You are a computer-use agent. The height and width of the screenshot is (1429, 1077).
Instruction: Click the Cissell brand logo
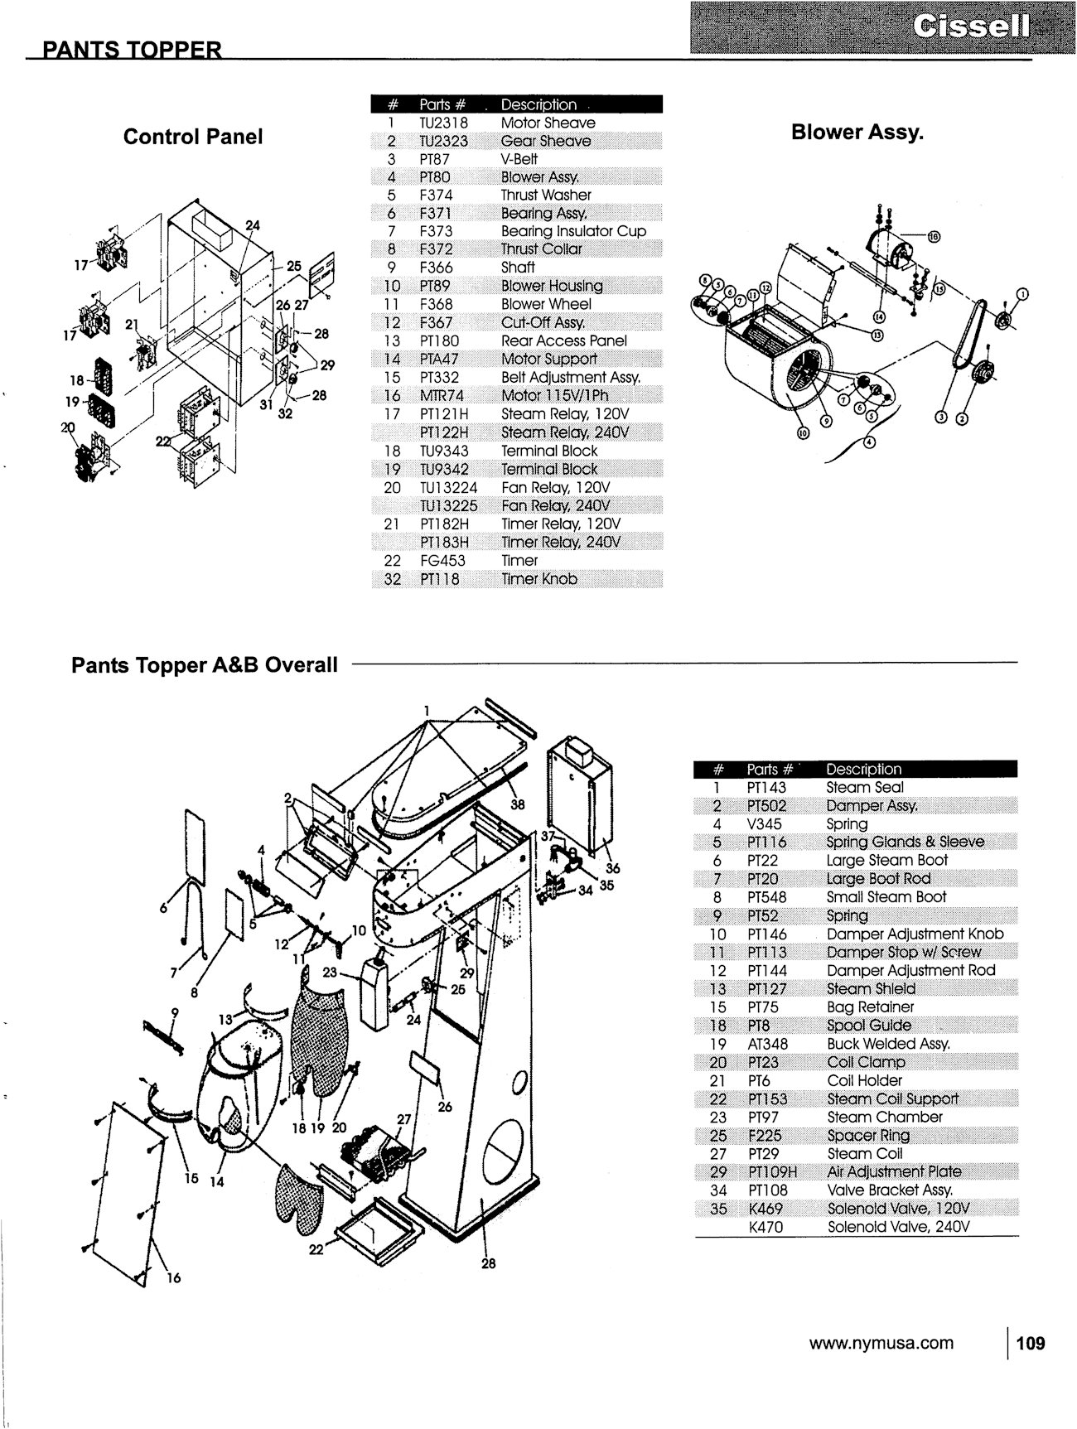coord(971,27)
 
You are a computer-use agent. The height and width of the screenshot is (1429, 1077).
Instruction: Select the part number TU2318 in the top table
coord(444,123)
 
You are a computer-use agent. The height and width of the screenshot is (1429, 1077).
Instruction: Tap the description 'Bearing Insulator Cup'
coord(573,231)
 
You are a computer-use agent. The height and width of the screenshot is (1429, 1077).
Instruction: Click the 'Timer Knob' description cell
coord(539,579)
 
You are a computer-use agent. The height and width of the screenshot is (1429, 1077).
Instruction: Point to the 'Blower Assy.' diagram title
coord(857,133)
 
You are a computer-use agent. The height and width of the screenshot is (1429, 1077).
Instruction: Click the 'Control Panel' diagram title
coord(193,137)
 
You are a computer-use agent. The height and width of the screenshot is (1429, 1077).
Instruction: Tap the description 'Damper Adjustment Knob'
coord(915,934)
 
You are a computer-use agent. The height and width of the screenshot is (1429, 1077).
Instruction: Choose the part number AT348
coord(767,1044)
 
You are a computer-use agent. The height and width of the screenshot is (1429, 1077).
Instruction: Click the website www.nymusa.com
coord(881,1343)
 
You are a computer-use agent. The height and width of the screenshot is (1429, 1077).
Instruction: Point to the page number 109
coord(1031,1343)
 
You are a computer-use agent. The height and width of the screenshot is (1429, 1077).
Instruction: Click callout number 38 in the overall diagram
coord(517,804)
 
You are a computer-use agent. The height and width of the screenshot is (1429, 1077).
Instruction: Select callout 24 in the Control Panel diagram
coord(252,225)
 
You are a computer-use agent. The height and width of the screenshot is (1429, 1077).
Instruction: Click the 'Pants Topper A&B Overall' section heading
coord(205,664)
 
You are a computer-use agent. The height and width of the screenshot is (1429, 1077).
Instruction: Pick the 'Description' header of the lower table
coord(863,769)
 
